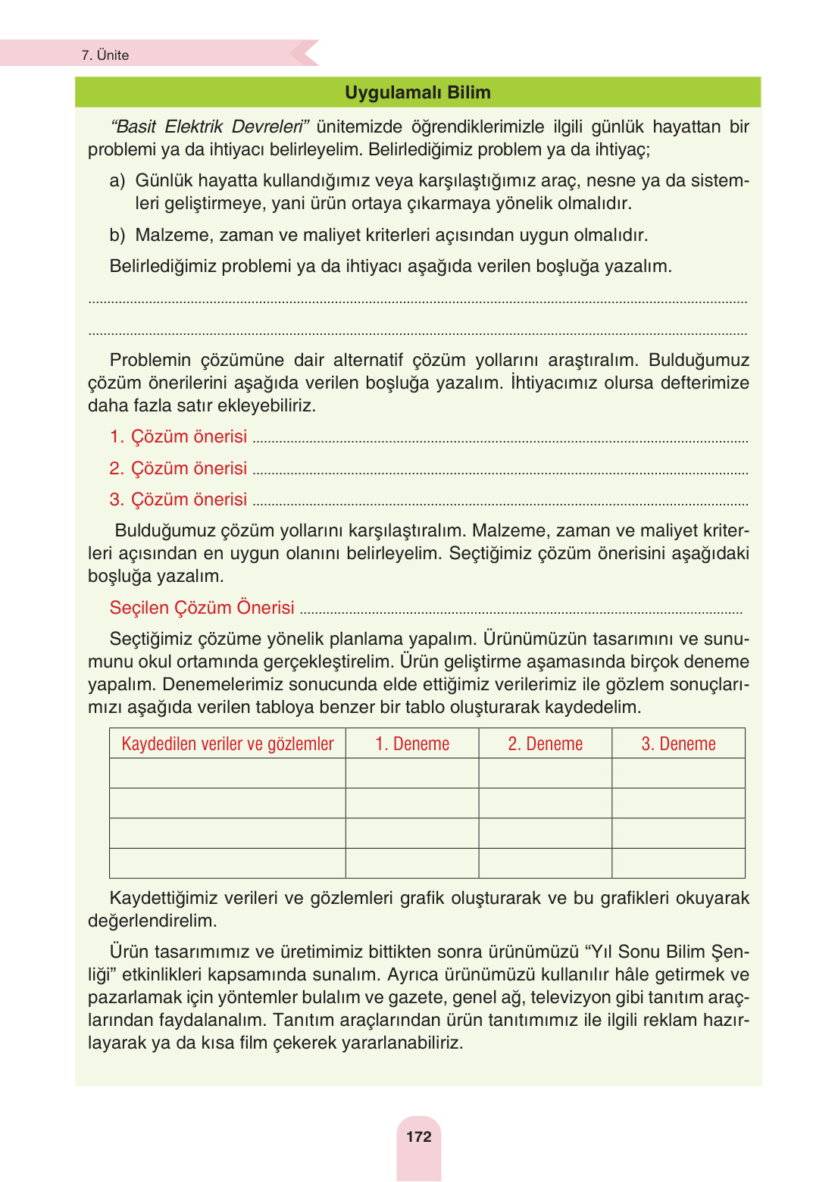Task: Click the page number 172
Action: coord(418,1137)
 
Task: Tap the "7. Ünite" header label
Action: coord(105,55)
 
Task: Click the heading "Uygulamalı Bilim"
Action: coord(417,92)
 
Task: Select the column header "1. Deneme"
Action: coord(412,744)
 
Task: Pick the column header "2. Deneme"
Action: coord(545,744)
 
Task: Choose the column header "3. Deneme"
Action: coord(678,744)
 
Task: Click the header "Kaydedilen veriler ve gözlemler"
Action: coord(227,744)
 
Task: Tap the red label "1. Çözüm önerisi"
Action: coord(179,436)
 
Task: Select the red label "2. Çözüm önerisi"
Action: coord(179,468)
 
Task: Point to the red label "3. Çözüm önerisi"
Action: coord(179,499)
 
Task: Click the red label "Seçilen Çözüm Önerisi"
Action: coord(202,608)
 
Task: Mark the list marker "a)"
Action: coord(117,180)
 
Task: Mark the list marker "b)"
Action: coord(117,235)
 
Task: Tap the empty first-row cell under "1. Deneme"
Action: coord(412,774)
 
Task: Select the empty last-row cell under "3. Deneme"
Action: coord(678,863)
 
